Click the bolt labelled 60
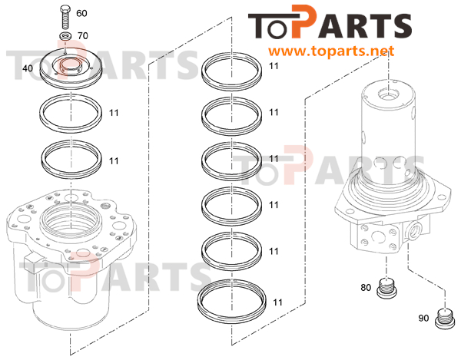tap(65, 17)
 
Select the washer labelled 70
tap(66, 36)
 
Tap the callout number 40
tap(28, 68)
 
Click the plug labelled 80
tap(386, 288)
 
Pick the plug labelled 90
tap(444, 319)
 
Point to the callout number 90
tap(423, 318)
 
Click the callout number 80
tap(366, 288)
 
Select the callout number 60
tap(81, 13)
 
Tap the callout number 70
tap(83, 36)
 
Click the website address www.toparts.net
tap(331, 51)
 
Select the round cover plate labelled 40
tap(71, 68)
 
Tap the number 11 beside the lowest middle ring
tap(277, 302)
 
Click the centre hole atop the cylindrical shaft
tap(389, 94)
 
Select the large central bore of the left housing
tap(71, 222)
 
